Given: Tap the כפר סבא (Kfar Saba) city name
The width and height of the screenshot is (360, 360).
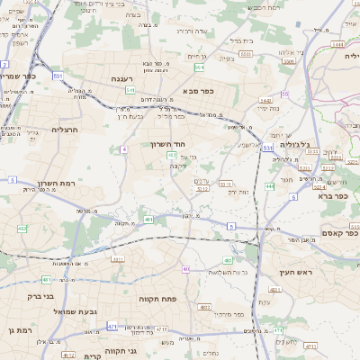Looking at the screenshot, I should pyautogui.click(x=196, y=91).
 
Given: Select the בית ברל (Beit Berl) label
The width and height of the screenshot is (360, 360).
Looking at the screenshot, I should pyautogui.click(x=242, y=40).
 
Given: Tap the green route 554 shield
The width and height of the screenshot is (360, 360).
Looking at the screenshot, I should pyautogui.click(x=199, y=67).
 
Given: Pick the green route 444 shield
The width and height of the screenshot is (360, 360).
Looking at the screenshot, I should pyautogui.click(x=269, y=186).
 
